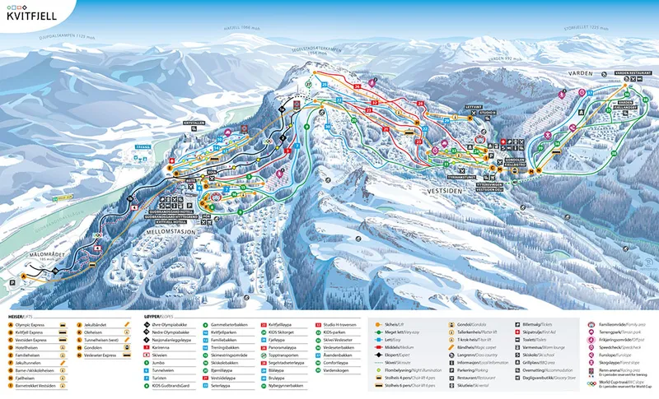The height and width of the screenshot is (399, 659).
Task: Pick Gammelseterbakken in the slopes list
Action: point(231,325)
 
